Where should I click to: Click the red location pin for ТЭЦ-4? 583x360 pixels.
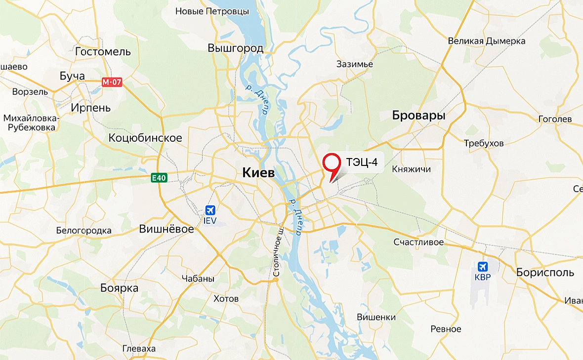[332, 163]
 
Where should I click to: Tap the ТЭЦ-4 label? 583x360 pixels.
[362, 162]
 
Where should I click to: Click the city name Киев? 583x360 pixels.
[258, 172]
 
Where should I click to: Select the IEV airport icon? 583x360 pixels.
[210, 210]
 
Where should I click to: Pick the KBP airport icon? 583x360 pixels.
[483, 266]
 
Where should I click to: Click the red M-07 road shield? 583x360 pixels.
[112, 82]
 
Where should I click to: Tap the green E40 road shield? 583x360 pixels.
[159, 177]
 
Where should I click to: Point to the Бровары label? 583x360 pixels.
[418, 116]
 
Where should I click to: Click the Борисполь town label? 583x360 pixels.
[545, 272]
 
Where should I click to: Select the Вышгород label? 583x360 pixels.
[235, 48]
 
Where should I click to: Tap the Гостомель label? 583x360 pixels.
[103, 51]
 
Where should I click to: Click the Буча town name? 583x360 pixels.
[72, 76]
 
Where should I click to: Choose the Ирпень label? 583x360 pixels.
[91, 107]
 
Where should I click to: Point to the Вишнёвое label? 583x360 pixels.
[166, 229]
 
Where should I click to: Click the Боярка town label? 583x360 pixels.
[119, 288]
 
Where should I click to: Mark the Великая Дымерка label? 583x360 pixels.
[486, 41]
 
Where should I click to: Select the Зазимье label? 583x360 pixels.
[354, 64]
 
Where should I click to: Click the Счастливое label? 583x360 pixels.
[418, 242]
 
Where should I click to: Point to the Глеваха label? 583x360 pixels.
[139, 349]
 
